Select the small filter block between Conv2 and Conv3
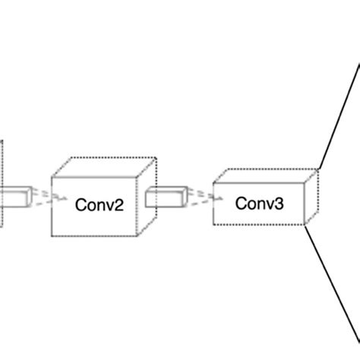164,197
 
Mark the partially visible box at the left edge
2,182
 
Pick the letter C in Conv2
80,204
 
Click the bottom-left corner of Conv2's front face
52,235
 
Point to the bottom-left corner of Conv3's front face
213,224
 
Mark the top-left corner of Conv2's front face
52,177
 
